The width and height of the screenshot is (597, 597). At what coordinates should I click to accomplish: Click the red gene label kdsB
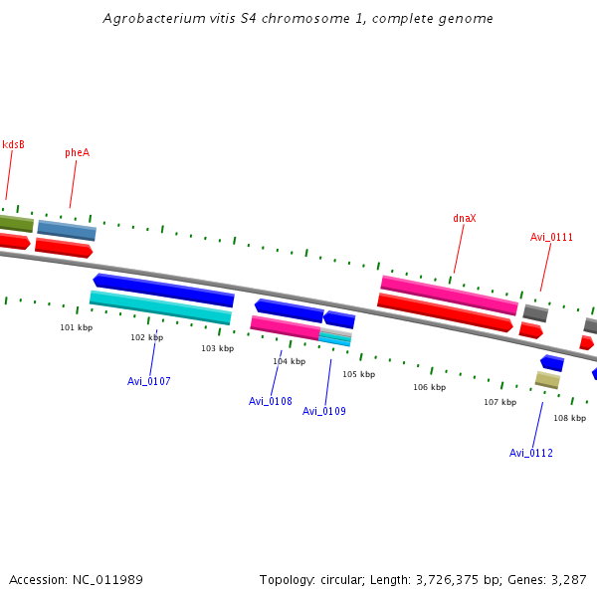point(13,145)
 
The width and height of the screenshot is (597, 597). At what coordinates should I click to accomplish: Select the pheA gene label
point(77,152)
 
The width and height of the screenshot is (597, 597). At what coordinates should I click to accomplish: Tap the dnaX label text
point(465,218)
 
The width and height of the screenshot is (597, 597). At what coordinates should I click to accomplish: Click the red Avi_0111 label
point(551,237)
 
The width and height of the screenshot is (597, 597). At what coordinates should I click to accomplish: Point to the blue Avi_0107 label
point(149,381)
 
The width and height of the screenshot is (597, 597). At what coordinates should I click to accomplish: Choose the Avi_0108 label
point(271,401)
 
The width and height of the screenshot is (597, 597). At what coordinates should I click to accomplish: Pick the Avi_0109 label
point(324,411)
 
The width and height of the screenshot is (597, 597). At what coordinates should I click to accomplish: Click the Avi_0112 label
point(531,453)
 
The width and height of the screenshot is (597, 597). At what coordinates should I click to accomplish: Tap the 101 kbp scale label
point(76,327)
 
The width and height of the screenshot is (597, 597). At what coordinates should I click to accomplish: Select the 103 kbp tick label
point(217,348)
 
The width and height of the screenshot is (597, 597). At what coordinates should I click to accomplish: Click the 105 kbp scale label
point(358,374)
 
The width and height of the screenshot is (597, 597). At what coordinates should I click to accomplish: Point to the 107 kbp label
point(499,402)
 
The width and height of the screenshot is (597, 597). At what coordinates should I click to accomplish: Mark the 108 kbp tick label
point(569,418)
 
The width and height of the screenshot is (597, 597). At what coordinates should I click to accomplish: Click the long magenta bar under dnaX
point(449,296)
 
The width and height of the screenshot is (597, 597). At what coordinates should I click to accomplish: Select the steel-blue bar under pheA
point(67,230)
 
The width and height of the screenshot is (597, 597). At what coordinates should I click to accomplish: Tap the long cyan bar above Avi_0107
point(160,307)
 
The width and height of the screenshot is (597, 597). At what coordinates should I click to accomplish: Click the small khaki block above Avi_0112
point(547,379)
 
